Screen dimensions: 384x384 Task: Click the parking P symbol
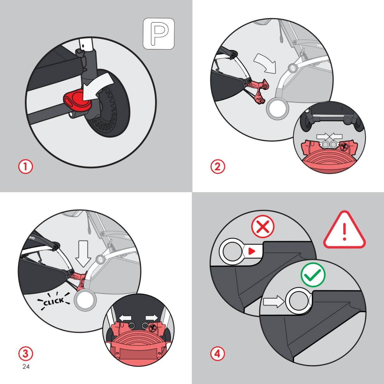point(159,34)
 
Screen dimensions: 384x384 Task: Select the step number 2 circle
point(218,167)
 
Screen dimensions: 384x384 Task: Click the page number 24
point(26,372)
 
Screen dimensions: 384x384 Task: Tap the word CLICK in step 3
point(54,301)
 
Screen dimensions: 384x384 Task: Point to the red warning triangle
point(345,230)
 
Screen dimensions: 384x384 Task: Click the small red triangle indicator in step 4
point(252,252)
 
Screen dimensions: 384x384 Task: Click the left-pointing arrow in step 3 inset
point(125,317)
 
